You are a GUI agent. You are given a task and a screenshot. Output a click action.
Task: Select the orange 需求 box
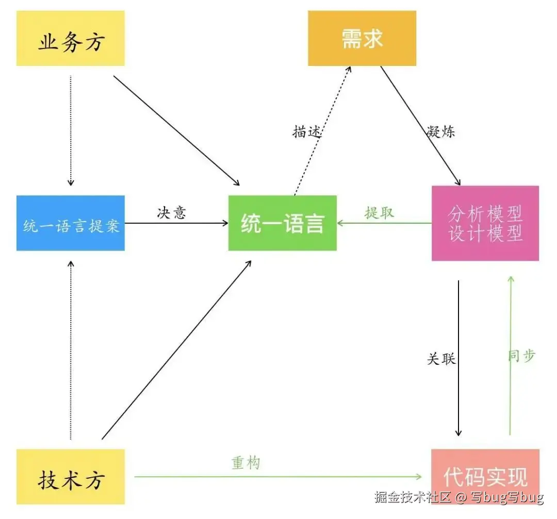click(x=362, y=39)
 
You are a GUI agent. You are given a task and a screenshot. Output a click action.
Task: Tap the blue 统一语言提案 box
click(x=71, y=223)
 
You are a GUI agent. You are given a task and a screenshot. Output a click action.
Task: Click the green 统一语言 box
click(x=282, y=223)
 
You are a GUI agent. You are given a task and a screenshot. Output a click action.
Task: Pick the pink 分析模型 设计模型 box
click(x=485, y=223)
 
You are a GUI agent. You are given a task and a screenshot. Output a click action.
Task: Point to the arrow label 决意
click(x=171, y=212)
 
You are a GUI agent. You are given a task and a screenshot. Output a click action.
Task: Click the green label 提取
click(x=379, y=212)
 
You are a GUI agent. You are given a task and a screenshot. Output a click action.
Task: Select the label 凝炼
click(x=441, y=132)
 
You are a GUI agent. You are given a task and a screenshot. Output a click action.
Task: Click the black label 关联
click(x=441, y=359)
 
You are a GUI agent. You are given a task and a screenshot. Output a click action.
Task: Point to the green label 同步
click(x=521, y=356)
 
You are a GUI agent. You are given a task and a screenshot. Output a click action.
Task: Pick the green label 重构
click(x=245, y=463)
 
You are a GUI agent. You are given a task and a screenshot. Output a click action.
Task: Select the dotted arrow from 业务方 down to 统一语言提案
click(x=71, y=129)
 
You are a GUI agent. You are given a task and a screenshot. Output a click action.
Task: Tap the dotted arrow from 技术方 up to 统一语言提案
click(x=71, y=350)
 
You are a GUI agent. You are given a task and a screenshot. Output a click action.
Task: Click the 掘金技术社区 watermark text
click(x=413, y=498)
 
